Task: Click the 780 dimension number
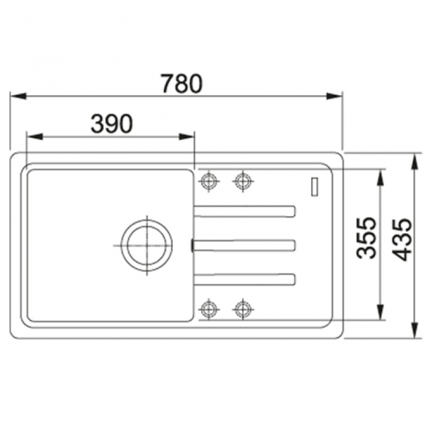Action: (181, 83)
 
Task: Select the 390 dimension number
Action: (112, 124)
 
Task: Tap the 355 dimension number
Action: (366, 238)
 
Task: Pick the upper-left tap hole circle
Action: (209, 181)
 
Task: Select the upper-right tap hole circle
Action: (242, 181)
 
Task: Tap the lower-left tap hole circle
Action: (209, 309)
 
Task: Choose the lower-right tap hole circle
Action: (242, 309)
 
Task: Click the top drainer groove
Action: (245, 211)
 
